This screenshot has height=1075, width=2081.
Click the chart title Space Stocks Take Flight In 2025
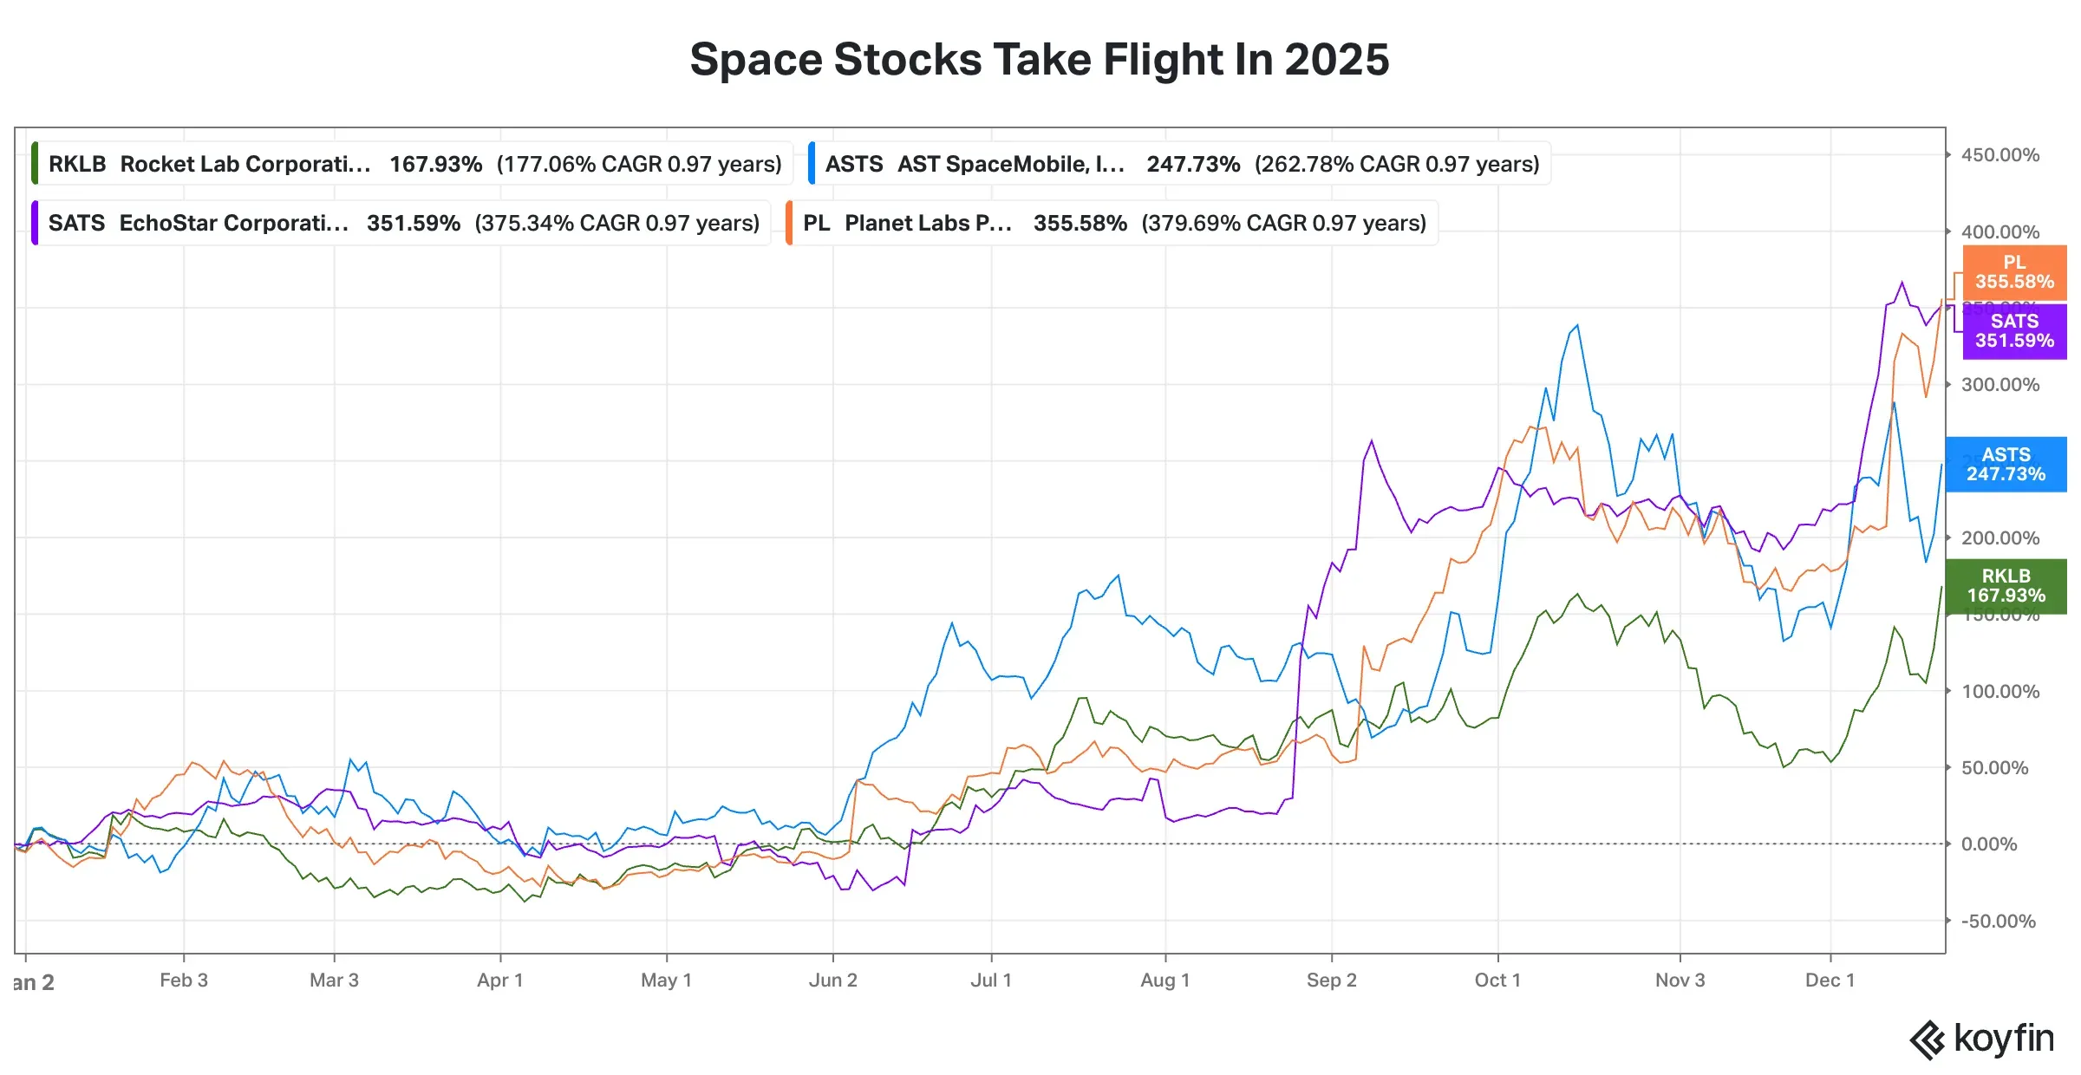click(1039, 60)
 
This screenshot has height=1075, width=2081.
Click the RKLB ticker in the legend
click(76, 164)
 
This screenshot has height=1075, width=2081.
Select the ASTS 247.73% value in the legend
click(1192, 164)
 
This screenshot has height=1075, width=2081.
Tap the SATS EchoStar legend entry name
click(233, 223)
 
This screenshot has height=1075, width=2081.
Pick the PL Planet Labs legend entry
click(928, 223)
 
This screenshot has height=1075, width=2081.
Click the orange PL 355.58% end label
click(2013, 272)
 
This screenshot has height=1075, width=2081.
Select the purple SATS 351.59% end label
click(2013, 331)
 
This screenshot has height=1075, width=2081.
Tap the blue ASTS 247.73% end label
click(2005, 465)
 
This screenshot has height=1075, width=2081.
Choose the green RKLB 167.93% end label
click(2005, 586)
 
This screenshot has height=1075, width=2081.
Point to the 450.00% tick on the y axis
click(1999, 155)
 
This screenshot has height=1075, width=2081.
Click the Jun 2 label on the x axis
click(832, 981)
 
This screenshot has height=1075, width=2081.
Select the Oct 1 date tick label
click(1497, 981)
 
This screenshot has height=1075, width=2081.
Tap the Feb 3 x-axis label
click(184, 981)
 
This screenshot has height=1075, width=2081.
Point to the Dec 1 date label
click(1830, 981)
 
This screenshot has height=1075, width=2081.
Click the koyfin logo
click(1982, 1039)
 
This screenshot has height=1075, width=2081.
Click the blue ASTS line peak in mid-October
click(1577, 325)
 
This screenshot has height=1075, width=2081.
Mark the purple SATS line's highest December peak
click(1902, 282)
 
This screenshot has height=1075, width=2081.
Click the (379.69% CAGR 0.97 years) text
click(1283, 223)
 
